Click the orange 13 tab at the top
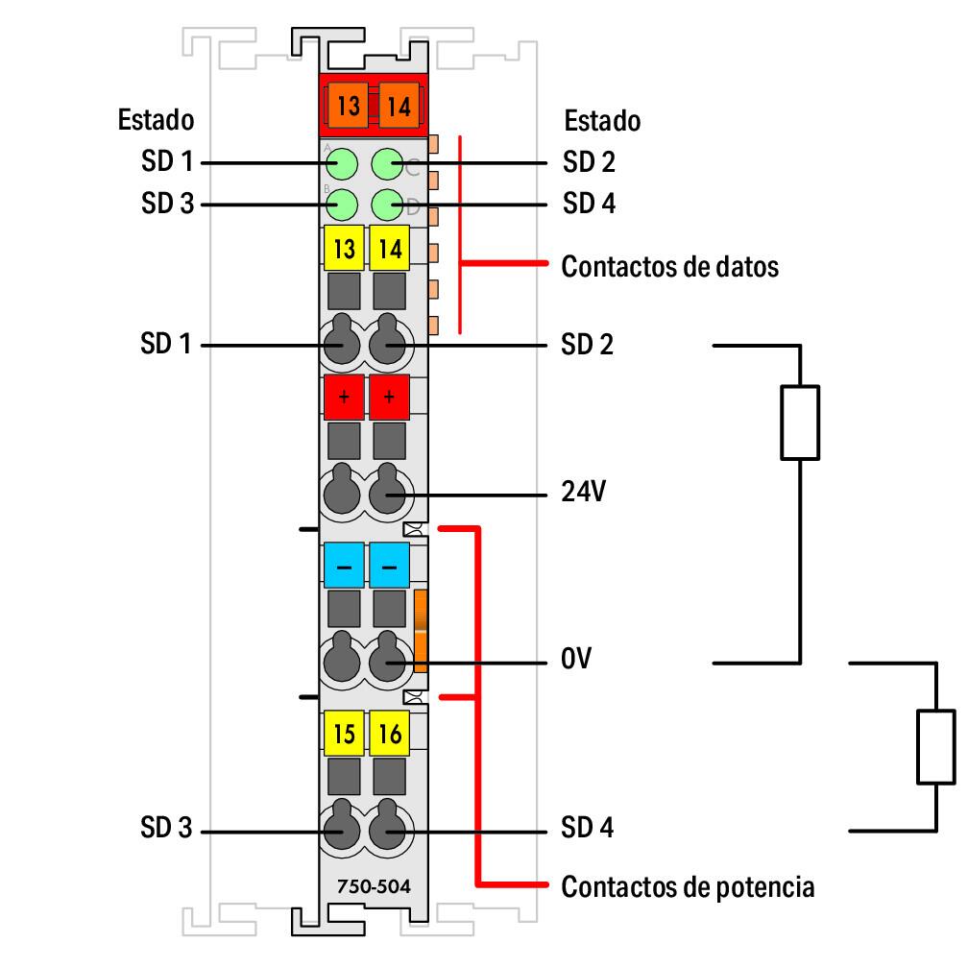(348, 106)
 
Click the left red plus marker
(344, 398)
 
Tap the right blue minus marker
(390, 567)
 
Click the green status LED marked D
(388, 204)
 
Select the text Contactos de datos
(669, 266)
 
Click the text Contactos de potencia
(688, 885)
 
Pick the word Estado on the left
(156, 121)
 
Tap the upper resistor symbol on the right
(800, 422)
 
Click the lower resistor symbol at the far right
(935, 746)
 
